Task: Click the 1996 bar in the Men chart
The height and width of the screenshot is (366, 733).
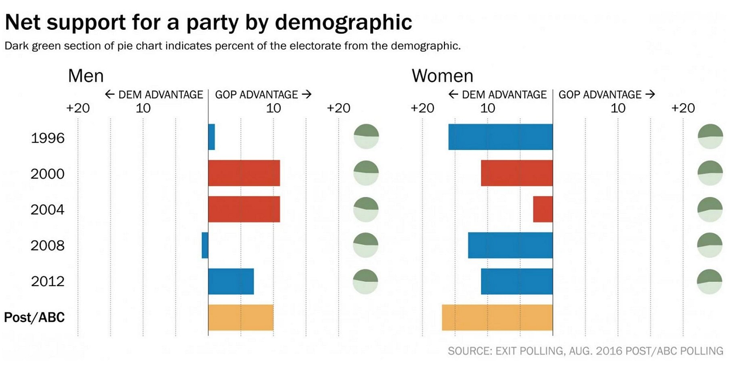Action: point(212,137)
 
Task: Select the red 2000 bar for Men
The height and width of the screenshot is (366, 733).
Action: point(244,173)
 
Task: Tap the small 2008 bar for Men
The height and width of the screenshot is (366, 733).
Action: point(205,245)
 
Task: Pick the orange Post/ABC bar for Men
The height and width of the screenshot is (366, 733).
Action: point(241,317)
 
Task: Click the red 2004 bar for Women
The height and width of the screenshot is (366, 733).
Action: point(543,209)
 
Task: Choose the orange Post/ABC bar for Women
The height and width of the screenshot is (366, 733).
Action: point(497,317)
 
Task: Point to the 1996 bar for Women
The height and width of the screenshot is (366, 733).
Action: point(501,137)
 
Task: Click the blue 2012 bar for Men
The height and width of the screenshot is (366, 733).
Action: point(231,281)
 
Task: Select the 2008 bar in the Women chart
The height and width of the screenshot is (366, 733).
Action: point(510,245)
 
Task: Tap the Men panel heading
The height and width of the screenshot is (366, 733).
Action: point(86,76)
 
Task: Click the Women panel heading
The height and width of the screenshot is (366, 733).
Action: point(442,76)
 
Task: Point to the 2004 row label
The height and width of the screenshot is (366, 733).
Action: point(48,210)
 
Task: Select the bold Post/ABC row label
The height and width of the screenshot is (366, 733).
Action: point(35,317)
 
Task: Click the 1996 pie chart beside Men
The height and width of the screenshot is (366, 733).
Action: point(366,137)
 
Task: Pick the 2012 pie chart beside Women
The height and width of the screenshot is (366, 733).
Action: point(709,281)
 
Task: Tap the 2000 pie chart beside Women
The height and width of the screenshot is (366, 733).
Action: point(709,173)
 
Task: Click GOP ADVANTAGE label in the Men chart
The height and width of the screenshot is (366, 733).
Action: point(263,95)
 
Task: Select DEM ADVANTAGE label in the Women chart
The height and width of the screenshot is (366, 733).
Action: point(497,95)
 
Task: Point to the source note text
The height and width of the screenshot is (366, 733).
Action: point(585,350)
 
